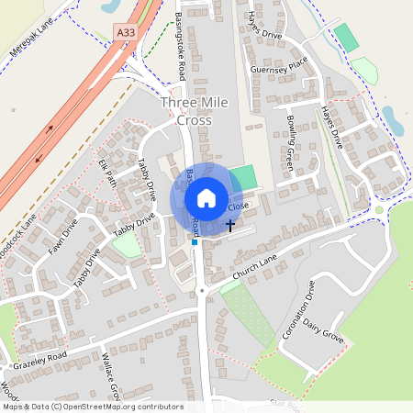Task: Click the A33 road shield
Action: (127, 33)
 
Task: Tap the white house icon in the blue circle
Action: (206, 198)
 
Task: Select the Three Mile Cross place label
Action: (186, 112)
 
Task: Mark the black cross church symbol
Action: (229, 224)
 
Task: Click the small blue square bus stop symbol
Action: (195, 243)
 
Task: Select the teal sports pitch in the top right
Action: (346, 38)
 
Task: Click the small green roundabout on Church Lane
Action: (378, 209)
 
